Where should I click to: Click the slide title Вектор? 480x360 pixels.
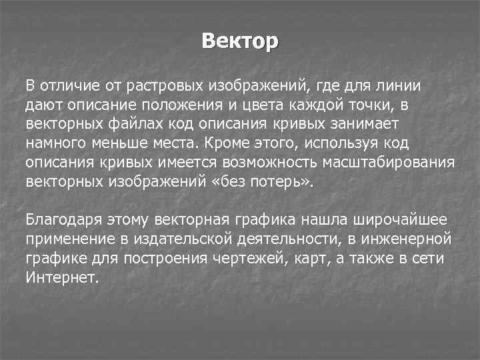pyautogui.click(x=240, y=41)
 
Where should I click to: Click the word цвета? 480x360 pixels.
pyautogui.click(x=253, y=105)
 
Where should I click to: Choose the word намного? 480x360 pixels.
pyautogui.click(x=55, y=143)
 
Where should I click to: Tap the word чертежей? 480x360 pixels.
pyautogui.click(x=253, y=258)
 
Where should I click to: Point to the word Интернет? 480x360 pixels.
pyautogui.click(x=61, y=277)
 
